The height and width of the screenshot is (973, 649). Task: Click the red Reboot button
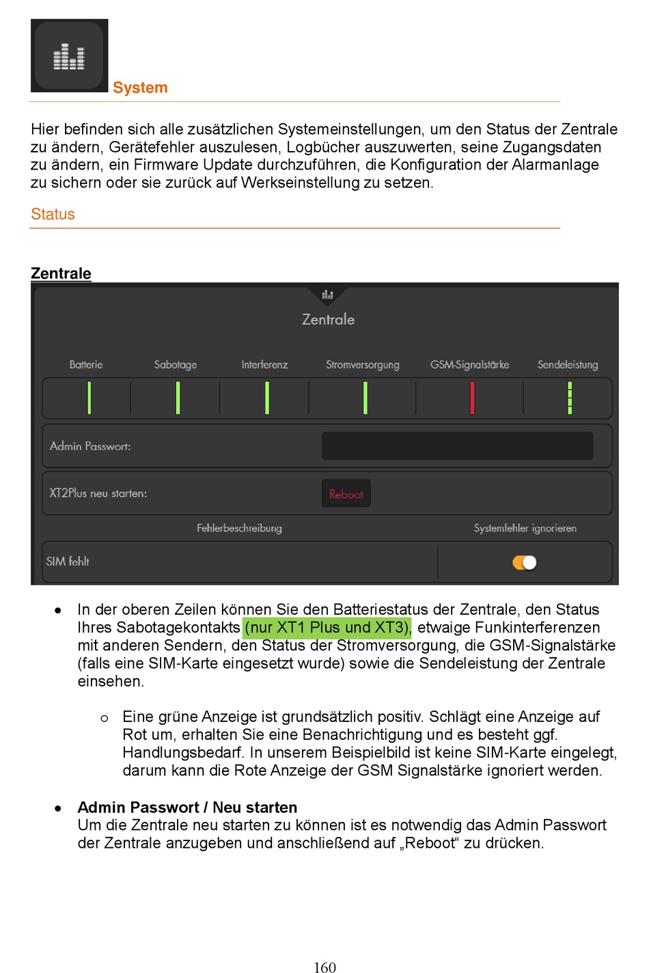pyautogui.click(x=346, y=494)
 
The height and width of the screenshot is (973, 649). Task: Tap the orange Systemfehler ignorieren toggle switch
pyautogui.click(x=525, y=562)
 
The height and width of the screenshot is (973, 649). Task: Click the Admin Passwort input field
pyautogui.click(x=457, y=446)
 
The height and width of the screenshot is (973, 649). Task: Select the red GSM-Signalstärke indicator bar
pyautogui.click(x=472, y=398)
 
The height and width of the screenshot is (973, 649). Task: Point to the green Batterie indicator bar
pyautogui.click(x=89, y=398)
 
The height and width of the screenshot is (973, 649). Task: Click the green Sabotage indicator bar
pyautogui.click(x=178, y=398)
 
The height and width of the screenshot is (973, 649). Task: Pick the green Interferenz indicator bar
pyautogui.click(x=266, y=398)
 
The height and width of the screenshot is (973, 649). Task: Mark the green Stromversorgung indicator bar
pyautogui.click(x=365, y=398)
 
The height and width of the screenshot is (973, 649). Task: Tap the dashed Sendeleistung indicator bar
pyautogui.click(x=569, y=398)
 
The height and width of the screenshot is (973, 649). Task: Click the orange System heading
pyautogui.click(x=140, y=88)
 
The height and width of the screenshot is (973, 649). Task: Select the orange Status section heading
pyautogui.click(x=53, y=214)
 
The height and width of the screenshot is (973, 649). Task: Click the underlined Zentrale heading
pyautogui.click(x=61, y=274)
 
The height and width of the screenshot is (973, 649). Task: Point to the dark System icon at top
pyautogui.click(x=69, y=55)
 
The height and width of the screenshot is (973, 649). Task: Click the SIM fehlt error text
pyautogui.click(x=68, y=561)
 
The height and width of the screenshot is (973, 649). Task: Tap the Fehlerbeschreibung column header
pyautogui.click(x=239, y=528)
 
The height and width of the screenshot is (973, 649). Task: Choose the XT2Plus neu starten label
pyautogui.click(x=98, y=493)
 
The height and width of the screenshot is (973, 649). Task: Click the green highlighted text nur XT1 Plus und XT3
pyautogui.click(x=328, y=628)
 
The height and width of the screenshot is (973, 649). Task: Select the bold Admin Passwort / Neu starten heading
pyautogui.click(x=187, y=808)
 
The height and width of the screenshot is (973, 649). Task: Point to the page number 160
pyautogui.click(x=324, y=967)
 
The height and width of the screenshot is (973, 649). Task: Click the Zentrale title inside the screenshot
pyautogui.click(x=328, y=319)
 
